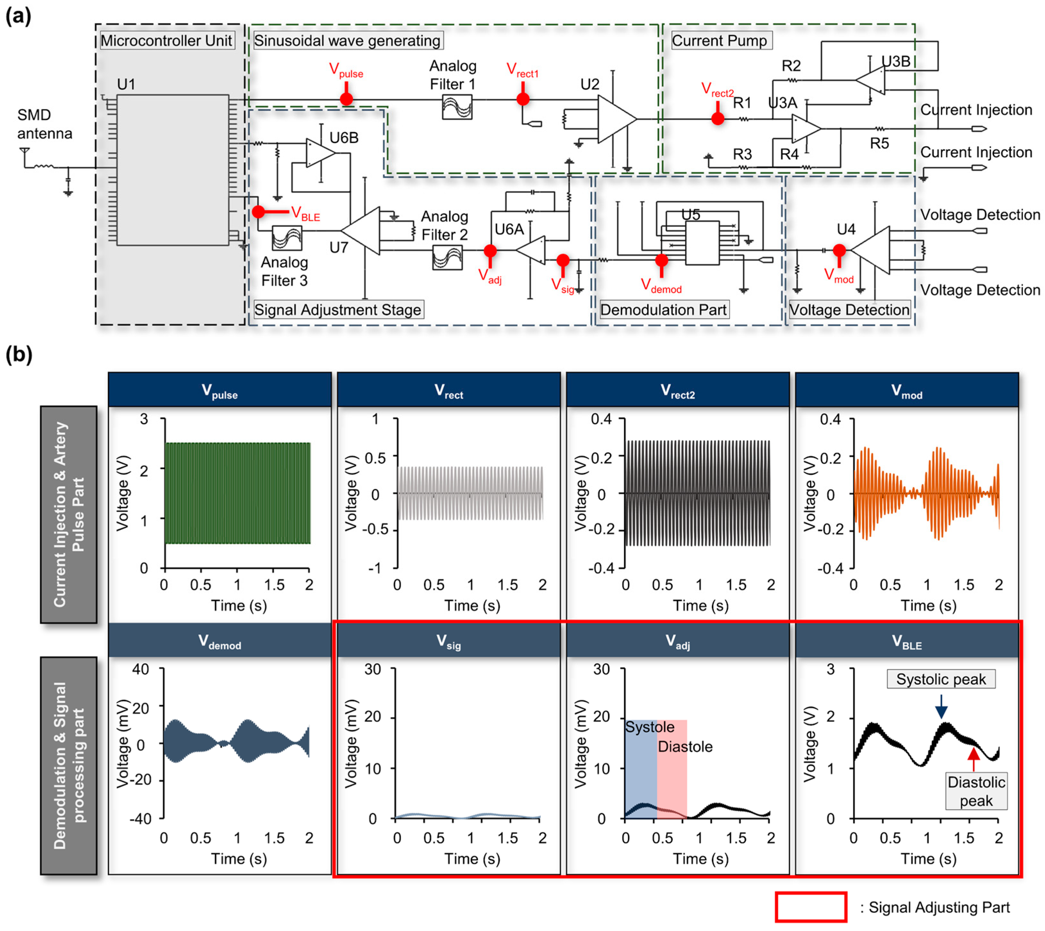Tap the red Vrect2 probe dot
(718, 119)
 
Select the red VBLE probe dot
(259, 211)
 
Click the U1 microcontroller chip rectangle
(172, 170)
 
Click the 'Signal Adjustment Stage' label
(338, 309)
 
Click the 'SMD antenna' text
(45, 124)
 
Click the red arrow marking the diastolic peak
(974, 759)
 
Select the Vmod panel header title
(907, 391)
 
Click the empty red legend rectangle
(811, 907)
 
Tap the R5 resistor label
(879, 143)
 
